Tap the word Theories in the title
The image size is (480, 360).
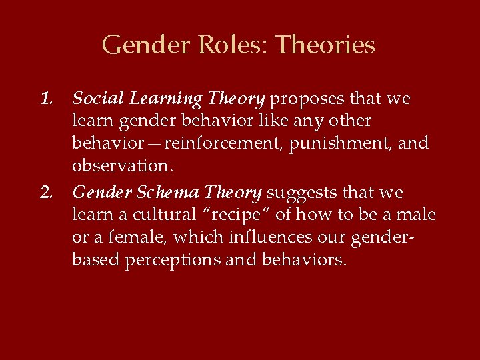point(325,45)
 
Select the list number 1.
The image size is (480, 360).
point(47,99)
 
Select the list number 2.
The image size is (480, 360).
point(47,193)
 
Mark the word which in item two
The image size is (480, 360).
point(194,238)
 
